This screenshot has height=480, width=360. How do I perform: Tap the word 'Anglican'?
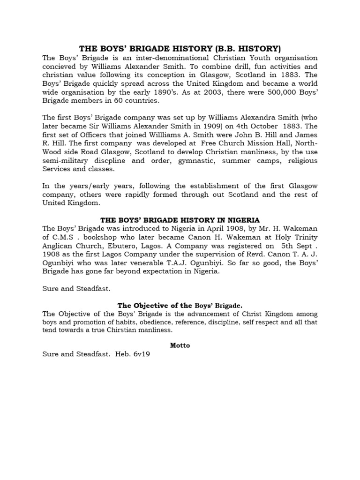click(58, 245)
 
